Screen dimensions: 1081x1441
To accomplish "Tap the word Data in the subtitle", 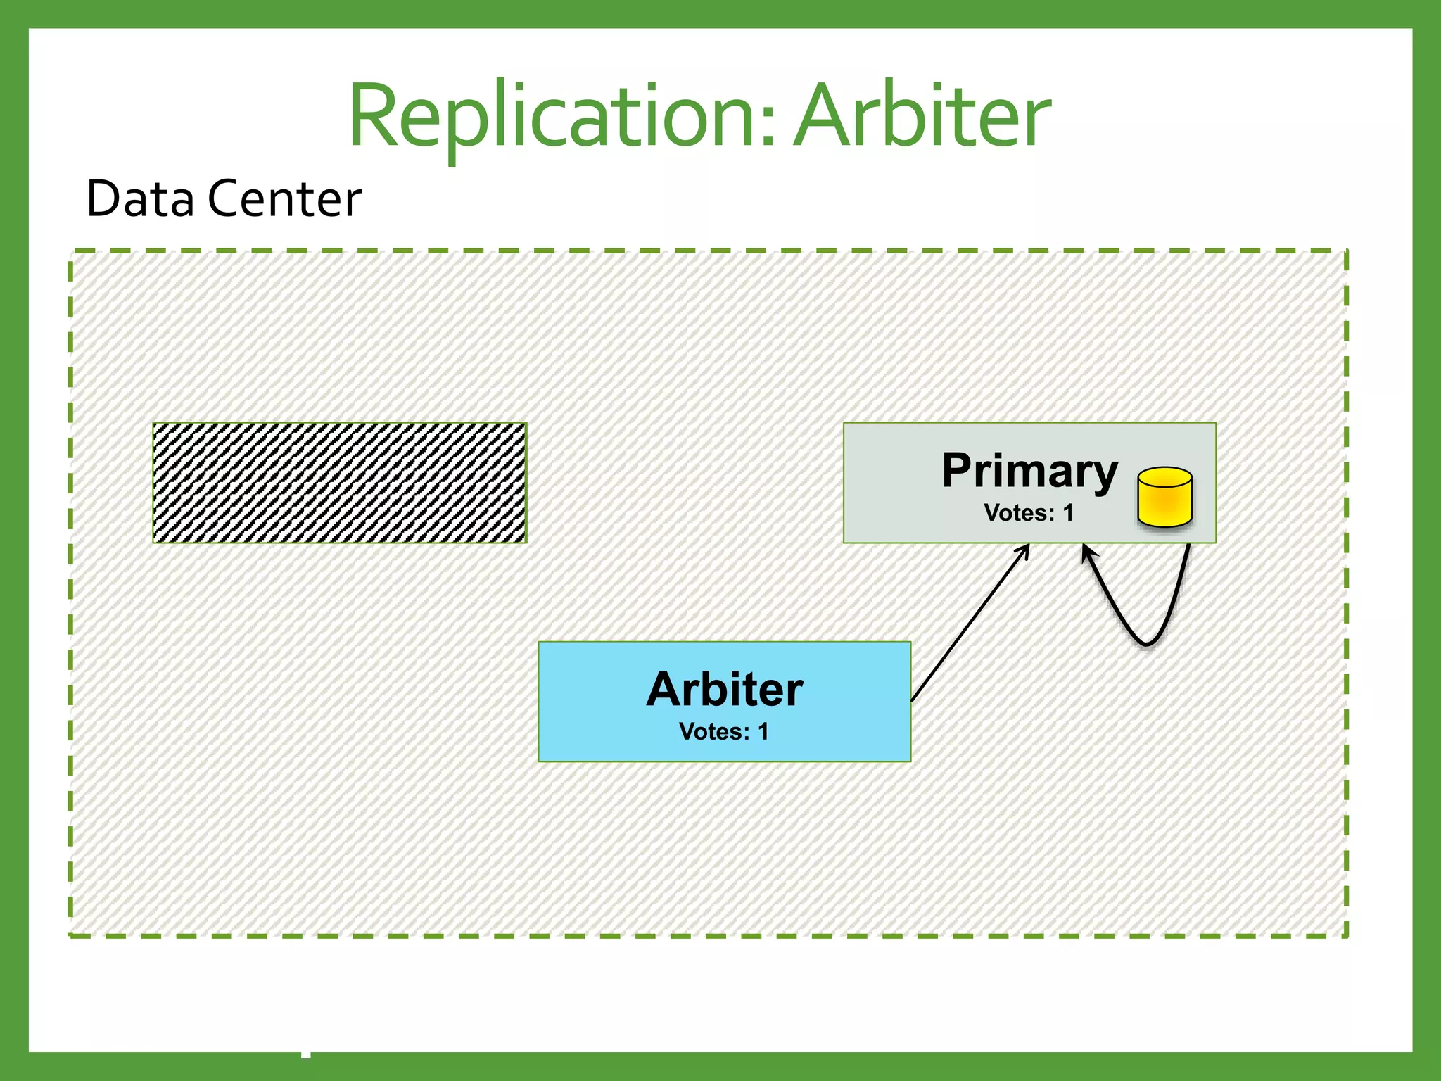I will (140, 199).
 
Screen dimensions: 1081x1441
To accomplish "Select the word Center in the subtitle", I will (284, 199).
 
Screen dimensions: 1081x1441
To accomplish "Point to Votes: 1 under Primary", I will (1029, 513).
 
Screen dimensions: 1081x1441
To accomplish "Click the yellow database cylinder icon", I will (1164, 498).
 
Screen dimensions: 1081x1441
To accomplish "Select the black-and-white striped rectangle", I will (340, 483).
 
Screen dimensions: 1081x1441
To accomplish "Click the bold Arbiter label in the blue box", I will (725, 689).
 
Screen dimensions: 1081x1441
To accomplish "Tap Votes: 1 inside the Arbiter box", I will (724, 732).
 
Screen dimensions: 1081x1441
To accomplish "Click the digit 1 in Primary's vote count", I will (1068, 513).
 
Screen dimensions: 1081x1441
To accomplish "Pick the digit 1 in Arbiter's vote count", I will (763, 732).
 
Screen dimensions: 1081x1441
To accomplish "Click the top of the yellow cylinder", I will (1164, 477).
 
